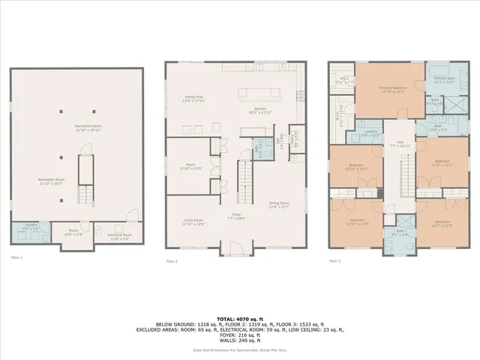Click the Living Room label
tap(193, 222)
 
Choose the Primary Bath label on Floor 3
tap(444, 79)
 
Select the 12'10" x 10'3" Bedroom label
tap(355, 166)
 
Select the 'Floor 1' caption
tap(17, 257)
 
